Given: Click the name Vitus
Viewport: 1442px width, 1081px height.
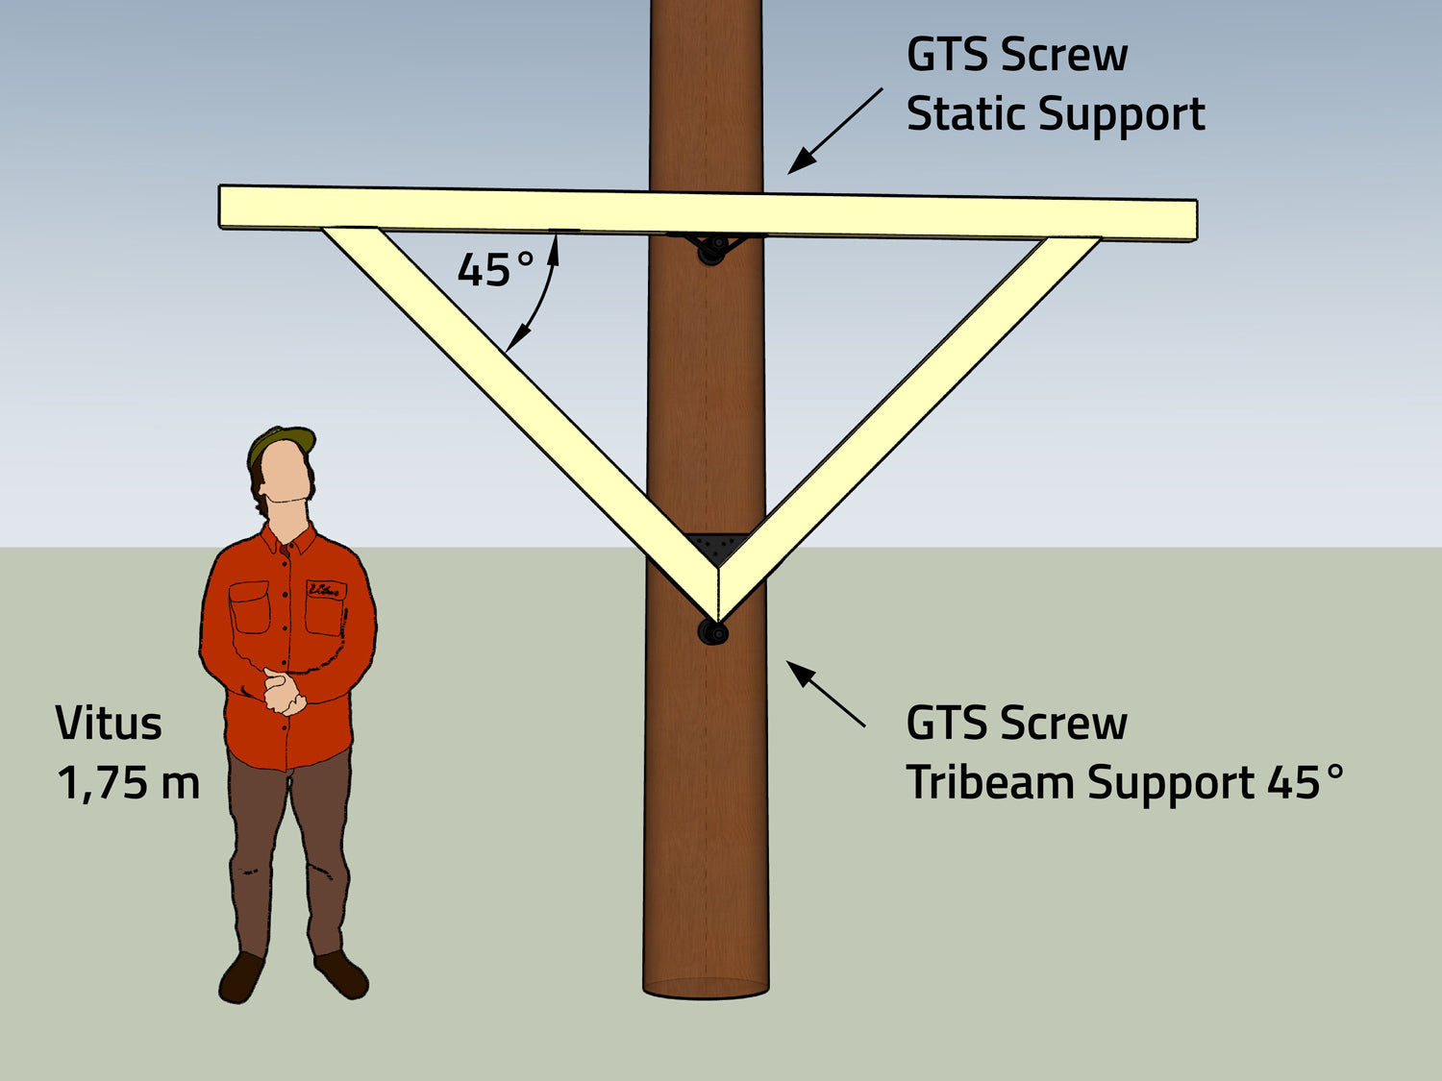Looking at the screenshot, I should (x=108, y=724).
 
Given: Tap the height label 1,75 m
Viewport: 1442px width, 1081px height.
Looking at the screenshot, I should (x=128, y=782).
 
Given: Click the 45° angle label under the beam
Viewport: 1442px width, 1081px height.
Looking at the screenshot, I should (x=495, y=270).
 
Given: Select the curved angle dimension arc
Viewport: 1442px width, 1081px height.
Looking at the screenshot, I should (x=541, y=298).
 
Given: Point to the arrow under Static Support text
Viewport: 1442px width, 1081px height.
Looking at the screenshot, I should (x=834, y=132).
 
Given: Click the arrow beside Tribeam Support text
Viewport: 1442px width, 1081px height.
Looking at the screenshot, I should (x=826, y=694).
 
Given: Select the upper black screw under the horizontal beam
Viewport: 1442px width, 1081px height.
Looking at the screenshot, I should (x=711, y=252).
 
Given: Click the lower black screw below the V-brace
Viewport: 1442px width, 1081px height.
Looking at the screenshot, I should (x=712, y=632).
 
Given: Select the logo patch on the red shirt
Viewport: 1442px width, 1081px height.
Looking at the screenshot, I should (x=325, y=589).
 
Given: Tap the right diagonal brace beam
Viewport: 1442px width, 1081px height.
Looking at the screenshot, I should (x=913, y=404).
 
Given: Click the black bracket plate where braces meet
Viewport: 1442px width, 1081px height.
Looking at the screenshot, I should (x=715, y=548).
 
